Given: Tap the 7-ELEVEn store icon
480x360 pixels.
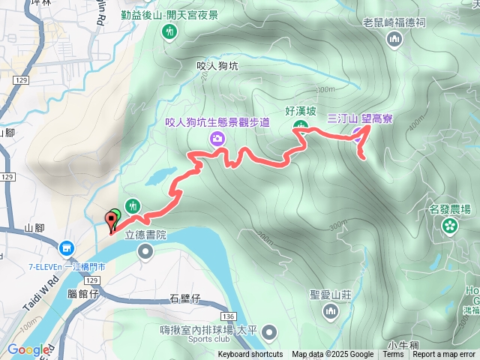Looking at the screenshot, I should pyautogui.click(x=67, y=247).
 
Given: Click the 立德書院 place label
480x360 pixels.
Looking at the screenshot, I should pyautogui.click(x=144, y=234).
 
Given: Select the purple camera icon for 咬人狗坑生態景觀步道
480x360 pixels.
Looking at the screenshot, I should pyautogui.click(x=217, y=137).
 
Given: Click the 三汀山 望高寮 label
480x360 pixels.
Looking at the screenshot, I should pyautogui.click(x=361, y=118).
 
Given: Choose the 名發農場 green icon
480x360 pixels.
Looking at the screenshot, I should pyautogui.click(x=450, y=226).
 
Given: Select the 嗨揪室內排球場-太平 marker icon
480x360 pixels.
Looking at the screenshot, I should pyautogui.click(x=270, y=331).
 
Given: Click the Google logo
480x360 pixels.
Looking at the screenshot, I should pyautogui.click(x=28, y=349).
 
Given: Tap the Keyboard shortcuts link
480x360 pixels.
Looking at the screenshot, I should pyautogui.click(x=250, y=355).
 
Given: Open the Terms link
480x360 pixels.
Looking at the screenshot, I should pyautogui.click(x=393, y=355).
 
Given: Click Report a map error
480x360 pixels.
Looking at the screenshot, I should pyautogui.click(x=444, y=355).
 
